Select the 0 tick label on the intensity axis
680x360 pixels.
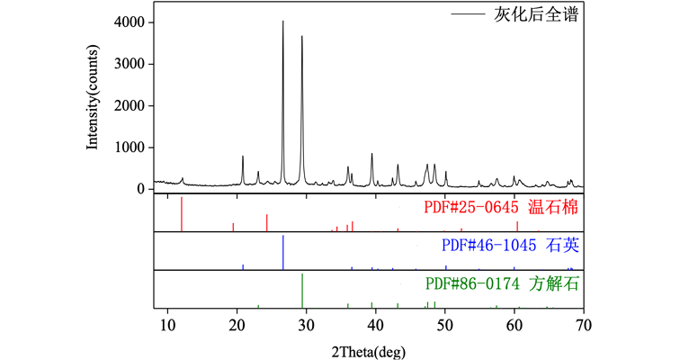(x=141, y=189)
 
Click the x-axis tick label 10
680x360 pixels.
(x=167, y=325)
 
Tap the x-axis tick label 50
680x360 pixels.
(x=445, y=325)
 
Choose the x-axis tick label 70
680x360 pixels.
(x=584, y=325)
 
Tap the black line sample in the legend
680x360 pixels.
(x=468, y=16)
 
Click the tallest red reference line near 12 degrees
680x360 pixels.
(x=182, y=214)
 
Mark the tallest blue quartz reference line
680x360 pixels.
(x=283, y=252)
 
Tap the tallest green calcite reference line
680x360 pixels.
(x=302, y=290)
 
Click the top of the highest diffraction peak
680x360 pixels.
(x=283, y=22)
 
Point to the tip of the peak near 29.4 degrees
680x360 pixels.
(x=302, y=37)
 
